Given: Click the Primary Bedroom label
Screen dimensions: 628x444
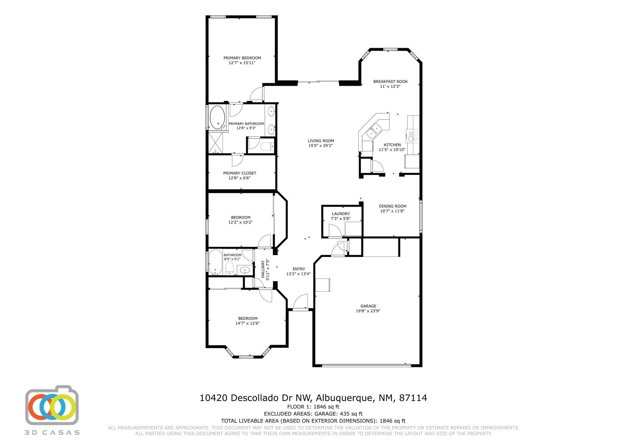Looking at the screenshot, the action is pyautogui.click(x=242, y=58).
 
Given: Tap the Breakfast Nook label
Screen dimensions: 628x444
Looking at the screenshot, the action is pyautogui.click(x=390, y=82).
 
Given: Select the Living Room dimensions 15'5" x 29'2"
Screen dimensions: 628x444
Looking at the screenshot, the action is pyautogui.click(x=320, y=146).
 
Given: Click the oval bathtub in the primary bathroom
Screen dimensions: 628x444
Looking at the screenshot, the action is pyautogui.click(x=217, y=117).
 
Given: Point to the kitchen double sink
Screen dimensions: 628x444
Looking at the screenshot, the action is pyautogui.click(x=374, y=130).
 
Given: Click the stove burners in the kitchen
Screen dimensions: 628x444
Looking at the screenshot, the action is pyautogui.click(x=412, y=136).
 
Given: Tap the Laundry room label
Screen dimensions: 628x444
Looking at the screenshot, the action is pyautogui.click(x=341, y=214).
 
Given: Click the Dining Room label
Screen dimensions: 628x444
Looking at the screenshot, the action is pyautogui.click(x=392, y=206).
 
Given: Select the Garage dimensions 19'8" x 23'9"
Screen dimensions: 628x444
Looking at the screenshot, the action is pyautogui.click(x=368, y=311).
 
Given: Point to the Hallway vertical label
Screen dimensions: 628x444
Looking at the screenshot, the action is pyautogui.click(x=263, y=269).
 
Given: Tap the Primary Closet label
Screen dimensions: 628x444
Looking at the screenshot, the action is pyautogui.click(x=239, y=173).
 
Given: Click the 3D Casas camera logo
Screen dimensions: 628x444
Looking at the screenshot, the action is pyautogui.click(x=52, y=405).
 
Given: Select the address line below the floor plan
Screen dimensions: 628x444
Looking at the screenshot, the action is pyautogui.click(x=313, y=398).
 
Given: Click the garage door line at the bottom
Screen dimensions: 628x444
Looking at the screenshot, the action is pyautogui.click(x=366, y=365).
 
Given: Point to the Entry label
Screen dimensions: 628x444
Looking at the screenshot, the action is pyautogui.click(x=299, y=269).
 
